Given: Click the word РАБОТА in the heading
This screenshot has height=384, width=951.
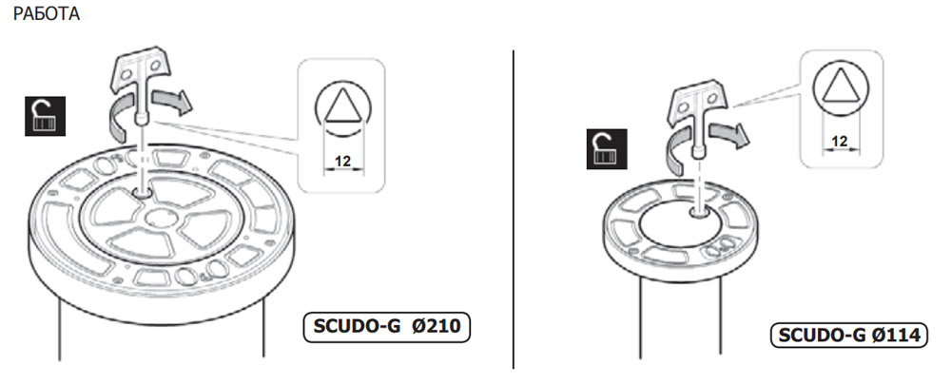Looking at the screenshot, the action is pyautogui.click(x=46, y=14).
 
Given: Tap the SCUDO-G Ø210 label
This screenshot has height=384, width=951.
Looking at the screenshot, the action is pyautogui.click(x=387, y=327).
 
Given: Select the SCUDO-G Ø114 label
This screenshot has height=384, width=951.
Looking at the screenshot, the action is pyautogui.click(x=849, y=335).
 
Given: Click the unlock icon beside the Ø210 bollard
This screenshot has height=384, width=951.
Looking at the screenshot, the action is pyautogui.click(x=45, y=116).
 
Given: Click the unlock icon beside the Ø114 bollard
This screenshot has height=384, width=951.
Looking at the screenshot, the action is pyautogui.click(x=607, y=149).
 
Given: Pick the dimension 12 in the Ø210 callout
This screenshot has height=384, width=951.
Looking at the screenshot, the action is pyautogui.click(x=343, y=162).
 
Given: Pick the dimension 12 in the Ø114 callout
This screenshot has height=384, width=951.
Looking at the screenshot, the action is pyautogui.click(x=840, y=142).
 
